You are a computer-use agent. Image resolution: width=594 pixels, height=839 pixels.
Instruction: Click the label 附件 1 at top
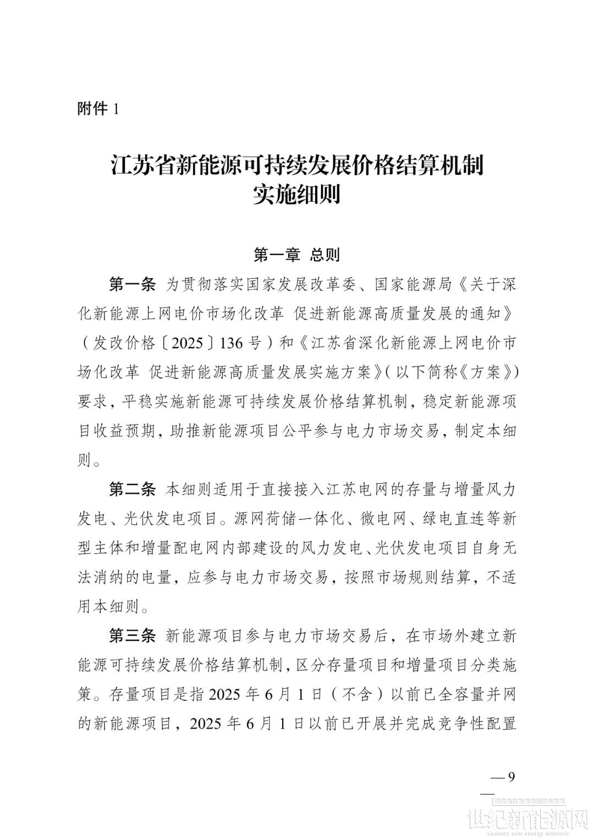(x=98, y=109)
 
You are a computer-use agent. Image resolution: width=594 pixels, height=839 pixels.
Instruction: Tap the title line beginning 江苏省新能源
(x=297, y=165)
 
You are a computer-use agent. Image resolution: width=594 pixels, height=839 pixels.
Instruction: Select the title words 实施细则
(x=297, y=195)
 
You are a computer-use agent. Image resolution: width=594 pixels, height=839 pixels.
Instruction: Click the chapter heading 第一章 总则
(x=296, y=255)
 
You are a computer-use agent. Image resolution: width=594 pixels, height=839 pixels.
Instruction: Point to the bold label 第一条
(x=133, y=285)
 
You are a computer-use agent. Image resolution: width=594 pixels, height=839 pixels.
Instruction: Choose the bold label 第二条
(x=133, y=489)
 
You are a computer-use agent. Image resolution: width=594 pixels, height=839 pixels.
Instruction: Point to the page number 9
(x=511, y=777)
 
